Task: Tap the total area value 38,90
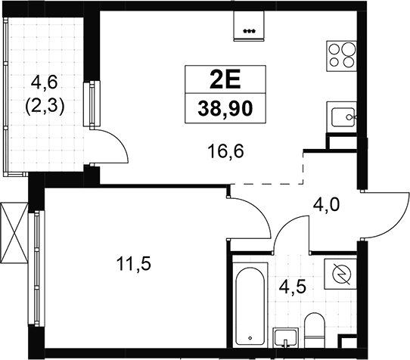tap(225, 109)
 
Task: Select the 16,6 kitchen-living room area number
tap(225, 151)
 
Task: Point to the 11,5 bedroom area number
tap(134, 264)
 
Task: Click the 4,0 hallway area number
tap(326, 204)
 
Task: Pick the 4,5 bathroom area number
tap(292, 287)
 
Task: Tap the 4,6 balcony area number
tap(44, 84)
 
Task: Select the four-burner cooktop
tap(341, 56)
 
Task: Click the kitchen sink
tap(341, 118)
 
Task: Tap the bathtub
tap(250, 306)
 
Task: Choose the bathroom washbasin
tap(285, 337)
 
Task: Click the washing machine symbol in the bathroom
tap(340, 274)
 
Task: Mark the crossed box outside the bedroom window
tap(14, 233)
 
